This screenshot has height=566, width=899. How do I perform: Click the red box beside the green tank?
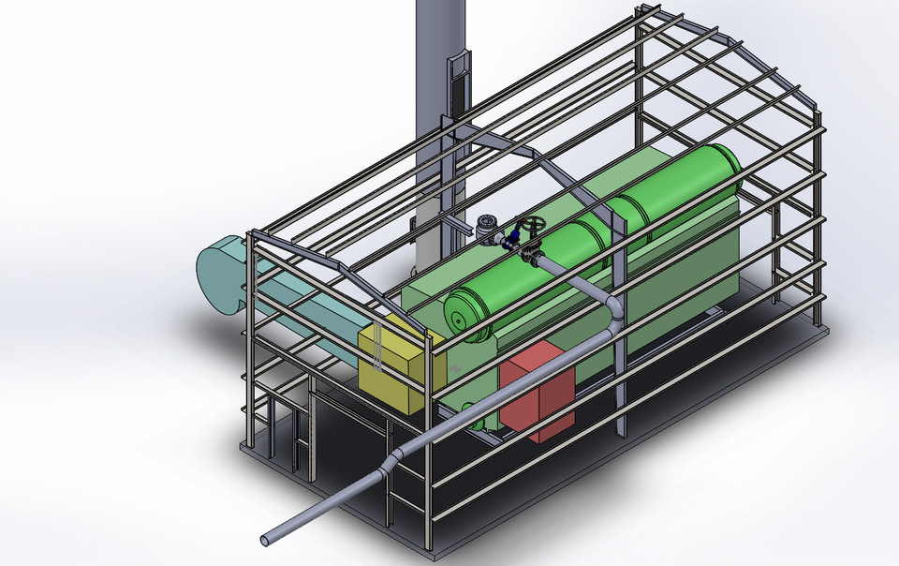pos(537,396)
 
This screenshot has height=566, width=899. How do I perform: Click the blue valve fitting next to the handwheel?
pos(512,237)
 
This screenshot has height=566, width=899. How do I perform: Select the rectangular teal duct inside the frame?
pos(309,314)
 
